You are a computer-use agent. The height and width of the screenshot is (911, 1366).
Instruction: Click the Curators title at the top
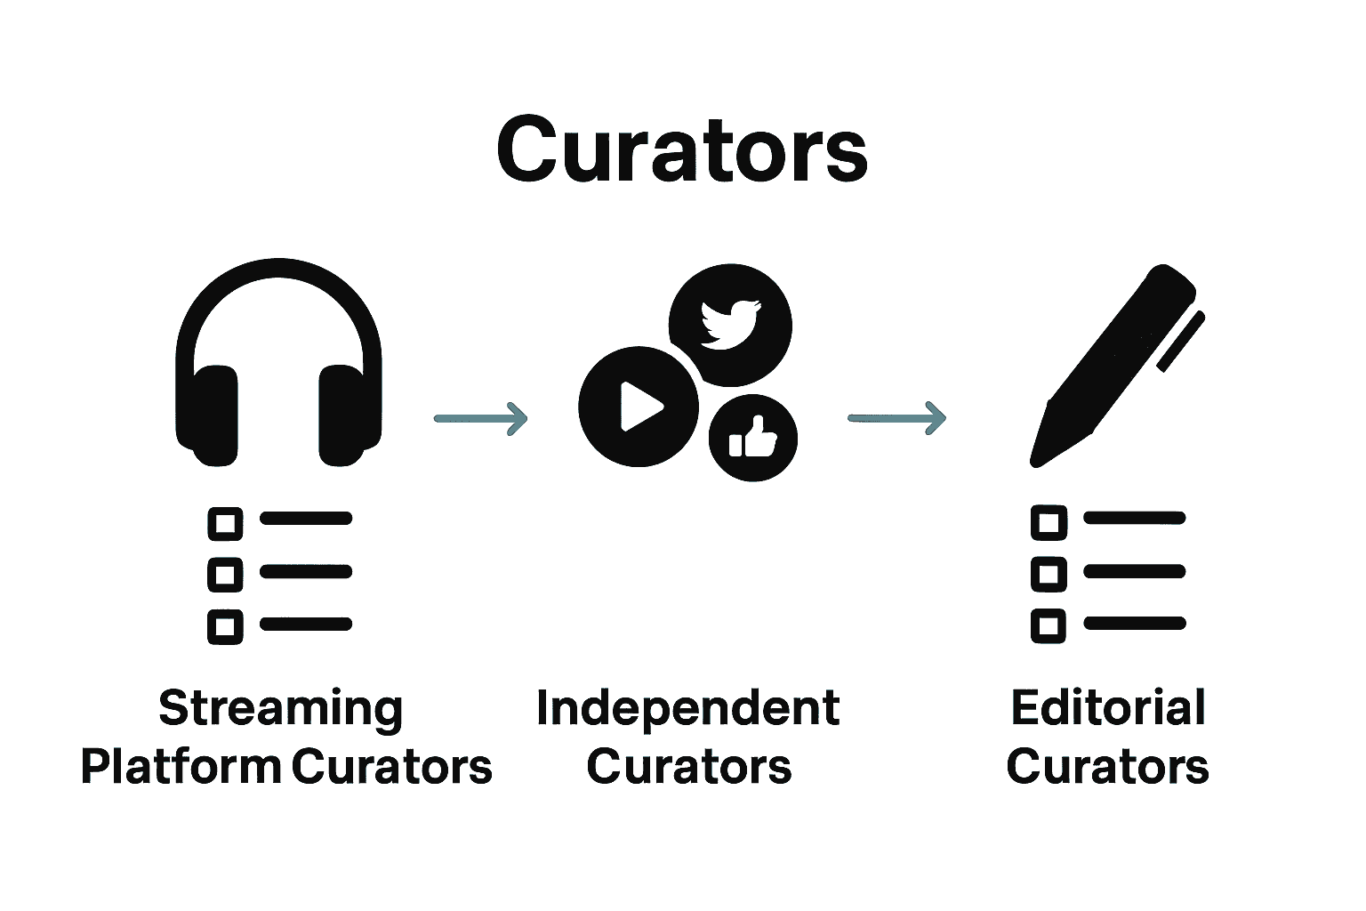point(681,149)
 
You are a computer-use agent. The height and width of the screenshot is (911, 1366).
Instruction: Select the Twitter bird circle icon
point(729,324)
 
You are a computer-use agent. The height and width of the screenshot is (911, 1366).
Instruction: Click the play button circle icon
point(638,407)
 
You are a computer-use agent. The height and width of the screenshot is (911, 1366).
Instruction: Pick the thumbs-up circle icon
point(752,438)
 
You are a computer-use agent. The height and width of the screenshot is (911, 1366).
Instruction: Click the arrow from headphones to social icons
point(480,417)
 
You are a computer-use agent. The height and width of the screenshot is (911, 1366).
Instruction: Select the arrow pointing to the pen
point(896,417)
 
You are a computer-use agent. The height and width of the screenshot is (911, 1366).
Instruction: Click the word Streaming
point(280,709)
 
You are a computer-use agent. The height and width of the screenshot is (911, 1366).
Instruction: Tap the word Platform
point(180,766)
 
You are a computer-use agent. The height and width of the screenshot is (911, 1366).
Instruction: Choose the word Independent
point(687,708)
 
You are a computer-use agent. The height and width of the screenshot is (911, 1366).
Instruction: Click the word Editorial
point(1108,708)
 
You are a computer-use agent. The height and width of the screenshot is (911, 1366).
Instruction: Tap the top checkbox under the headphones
point(225,523)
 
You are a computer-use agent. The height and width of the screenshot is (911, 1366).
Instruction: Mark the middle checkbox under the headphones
point(225,575)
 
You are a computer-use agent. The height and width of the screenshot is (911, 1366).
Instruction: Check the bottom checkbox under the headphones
point(225,627)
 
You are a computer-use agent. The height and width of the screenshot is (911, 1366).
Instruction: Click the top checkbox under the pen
point(1049,522)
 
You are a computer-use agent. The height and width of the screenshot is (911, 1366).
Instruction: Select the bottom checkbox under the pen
point(1049,626)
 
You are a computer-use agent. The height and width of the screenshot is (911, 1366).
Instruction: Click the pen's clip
point(1180,342)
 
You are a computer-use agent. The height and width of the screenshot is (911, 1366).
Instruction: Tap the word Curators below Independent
point(688,767)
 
